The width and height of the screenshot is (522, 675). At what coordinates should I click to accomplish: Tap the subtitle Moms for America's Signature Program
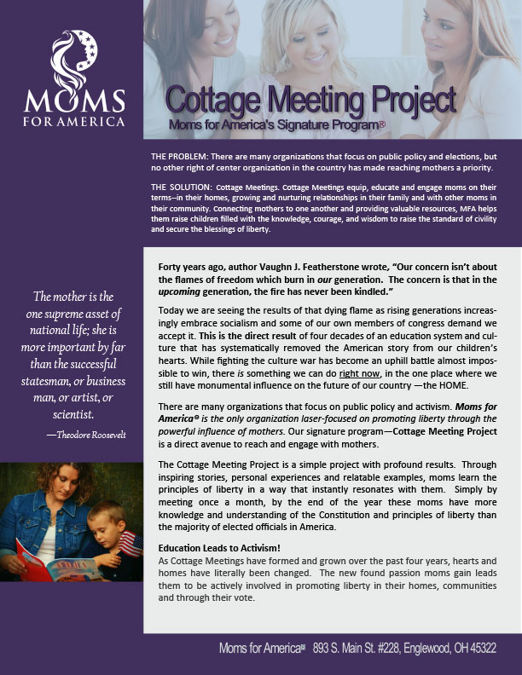pyautogui.click(x=276, y=125)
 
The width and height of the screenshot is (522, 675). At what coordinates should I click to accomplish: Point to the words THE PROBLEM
pyautogui.click(x=179, y=159)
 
